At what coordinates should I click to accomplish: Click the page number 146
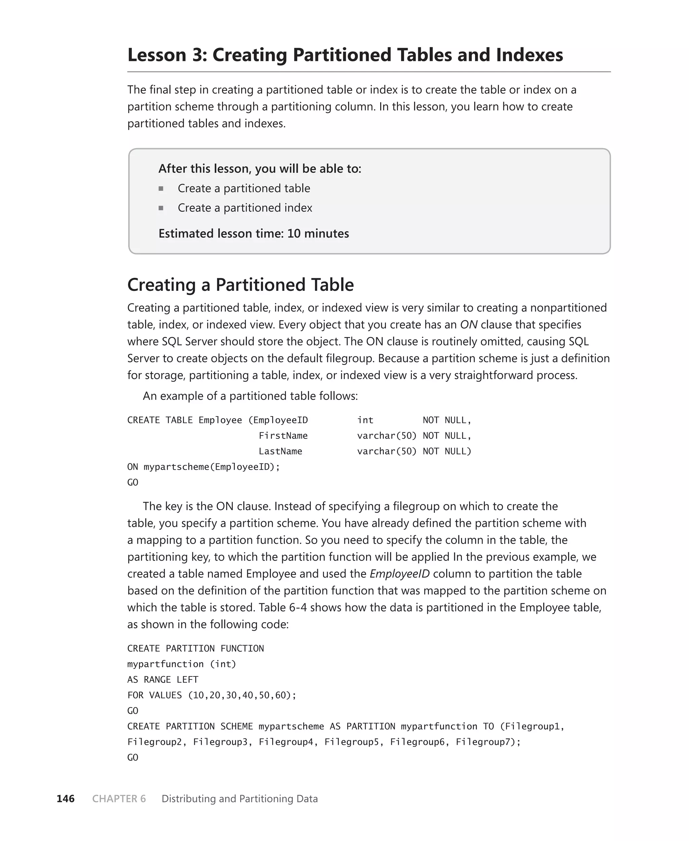tap(66, 799)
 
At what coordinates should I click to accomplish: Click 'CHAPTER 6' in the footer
tap(119, 799)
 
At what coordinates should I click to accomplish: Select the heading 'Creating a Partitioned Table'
tap(240, 285)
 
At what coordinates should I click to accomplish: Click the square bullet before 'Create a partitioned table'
tap(161, 189)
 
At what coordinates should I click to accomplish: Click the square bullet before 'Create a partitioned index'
tap(161, 208)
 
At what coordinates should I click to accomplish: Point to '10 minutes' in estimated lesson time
tap(318, 233)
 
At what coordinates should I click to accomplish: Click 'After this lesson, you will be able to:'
tap(260, 169)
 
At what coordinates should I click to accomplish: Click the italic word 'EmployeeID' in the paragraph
tap(399, 574)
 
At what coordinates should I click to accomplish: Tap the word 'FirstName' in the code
tap(283, 436)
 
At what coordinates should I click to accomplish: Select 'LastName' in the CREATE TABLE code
tap(280, 451)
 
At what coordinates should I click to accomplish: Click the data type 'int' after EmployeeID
tap(365, 420)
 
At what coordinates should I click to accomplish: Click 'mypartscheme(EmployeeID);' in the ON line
tap(212, 467)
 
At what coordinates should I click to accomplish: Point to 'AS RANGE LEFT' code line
tap(163, 679)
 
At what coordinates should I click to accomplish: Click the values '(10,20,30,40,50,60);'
tap(242, 695)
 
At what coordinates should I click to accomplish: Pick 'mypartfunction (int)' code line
tap(181, 664)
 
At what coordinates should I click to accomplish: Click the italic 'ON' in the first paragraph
tap(468, 325)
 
